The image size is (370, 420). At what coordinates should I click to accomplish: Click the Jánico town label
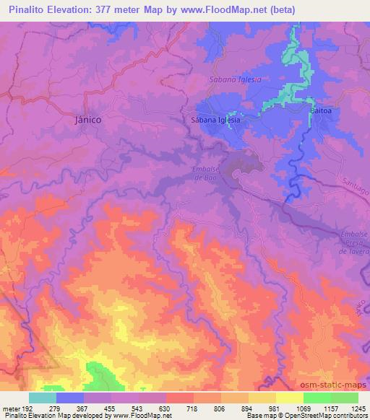(x=89, y=121)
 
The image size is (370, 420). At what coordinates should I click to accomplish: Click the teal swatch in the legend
(x=43, y=397)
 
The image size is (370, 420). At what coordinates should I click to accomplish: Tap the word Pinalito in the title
(x=28, y=9)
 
